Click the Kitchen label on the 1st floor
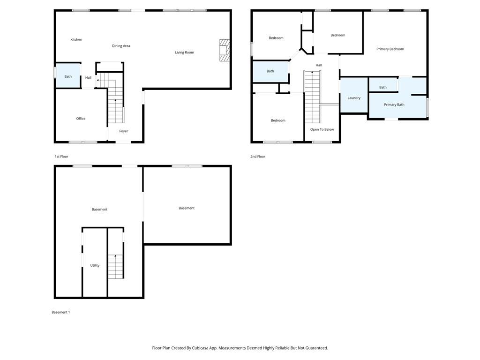pos(76,39)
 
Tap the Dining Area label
pos(121,46)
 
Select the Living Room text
pos(184,52)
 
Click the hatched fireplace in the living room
pos(225,50)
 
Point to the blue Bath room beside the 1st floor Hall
pos(68,75)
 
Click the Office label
pos(81,119)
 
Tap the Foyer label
pos(124,131)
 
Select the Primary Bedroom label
pos(390,49)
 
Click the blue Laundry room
pos(354,95)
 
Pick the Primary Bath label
pos(394,105)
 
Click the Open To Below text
pos(322,129)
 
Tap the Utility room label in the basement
pos(95,265)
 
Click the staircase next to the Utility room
pos(116,266)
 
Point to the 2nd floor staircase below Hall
pos(312,97)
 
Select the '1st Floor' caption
pos(61,157)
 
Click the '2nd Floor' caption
pos(258,157)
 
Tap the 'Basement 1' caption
pos(60,312)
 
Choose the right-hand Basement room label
pos(187,208)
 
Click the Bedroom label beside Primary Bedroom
pos(337,35)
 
